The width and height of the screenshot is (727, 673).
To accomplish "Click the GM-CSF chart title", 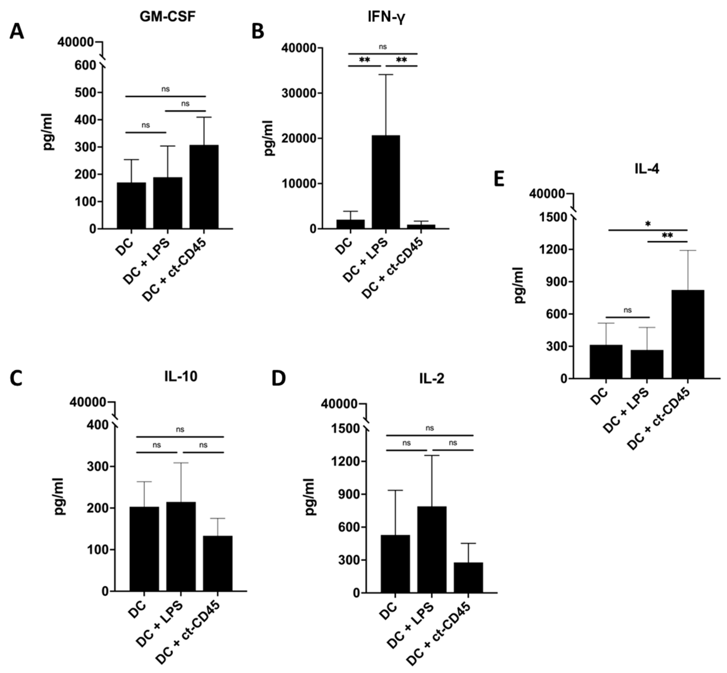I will pos(168,17).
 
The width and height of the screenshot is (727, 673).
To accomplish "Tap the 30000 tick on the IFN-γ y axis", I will pos(304,93).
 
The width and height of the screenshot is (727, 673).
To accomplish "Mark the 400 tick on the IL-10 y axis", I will pos(98,425).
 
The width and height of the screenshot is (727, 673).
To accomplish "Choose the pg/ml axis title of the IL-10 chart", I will pos(60,496).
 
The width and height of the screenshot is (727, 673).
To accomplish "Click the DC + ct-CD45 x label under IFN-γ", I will pos(393,269).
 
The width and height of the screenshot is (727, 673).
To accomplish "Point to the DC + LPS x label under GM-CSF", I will pos(147,262).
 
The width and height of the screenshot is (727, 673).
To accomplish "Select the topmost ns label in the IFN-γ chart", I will pos(382,47).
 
